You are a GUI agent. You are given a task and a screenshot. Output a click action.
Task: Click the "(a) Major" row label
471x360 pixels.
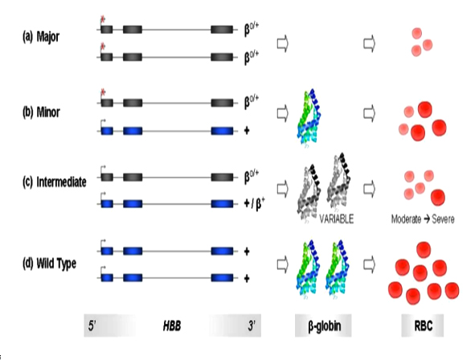41,37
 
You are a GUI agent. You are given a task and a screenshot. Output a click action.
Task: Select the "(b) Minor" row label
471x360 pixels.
41,112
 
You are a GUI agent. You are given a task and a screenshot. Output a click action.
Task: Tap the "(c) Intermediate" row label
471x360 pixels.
55,182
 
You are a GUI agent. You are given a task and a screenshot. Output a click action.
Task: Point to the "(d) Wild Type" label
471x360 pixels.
49,264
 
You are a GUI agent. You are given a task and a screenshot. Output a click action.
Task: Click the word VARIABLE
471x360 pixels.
336,219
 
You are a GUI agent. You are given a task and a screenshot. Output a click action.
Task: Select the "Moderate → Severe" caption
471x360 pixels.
422,219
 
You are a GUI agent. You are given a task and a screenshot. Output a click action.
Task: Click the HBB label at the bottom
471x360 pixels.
172,325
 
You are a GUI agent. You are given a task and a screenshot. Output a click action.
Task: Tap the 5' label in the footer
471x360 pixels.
92,325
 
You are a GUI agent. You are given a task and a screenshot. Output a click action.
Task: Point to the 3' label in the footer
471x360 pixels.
252,325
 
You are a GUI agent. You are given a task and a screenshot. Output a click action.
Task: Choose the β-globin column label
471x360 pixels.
325,325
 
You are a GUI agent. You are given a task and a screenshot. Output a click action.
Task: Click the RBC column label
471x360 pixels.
423,325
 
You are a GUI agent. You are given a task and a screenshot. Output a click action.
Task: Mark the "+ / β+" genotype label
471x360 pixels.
255,204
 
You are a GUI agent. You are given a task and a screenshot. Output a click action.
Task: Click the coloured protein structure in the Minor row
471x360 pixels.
309,117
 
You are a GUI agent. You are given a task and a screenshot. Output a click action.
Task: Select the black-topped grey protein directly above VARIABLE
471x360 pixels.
339,180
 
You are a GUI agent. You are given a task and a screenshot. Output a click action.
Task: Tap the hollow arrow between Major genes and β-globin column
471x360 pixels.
283,44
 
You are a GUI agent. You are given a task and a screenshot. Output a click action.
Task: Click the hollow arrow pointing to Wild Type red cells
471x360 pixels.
370,264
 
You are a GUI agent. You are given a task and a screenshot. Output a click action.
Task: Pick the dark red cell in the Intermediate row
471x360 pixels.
438,197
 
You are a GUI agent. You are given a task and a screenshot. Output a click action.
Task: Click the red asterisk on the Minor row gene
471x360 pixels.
103,92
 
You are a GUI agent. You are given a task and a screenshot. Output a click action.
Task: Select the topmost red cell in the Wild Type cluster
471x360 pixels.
424,250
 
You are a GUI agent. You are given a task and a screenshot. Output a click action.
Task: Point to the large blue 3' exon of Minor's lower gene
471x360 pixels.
222,131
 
